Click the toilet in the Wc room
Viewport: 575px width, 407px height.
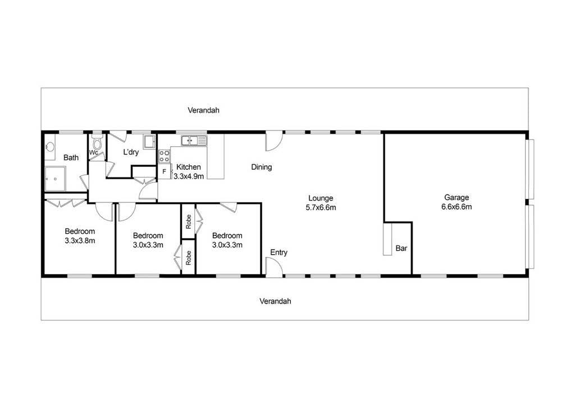97,142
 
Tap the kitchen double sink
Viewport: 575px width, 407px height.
194,140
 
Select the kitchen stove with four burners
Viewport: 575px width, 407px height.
165,156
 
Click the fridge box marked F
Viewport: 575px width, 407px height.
165,171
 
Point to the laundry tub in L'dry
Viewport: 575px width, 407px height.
149,142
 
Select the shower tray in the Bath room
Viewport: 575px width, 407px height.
56,179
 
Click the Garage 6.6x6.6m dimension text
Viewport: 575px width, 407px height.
457,207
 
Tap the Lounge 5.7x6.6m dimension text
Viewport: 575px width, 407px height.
321,208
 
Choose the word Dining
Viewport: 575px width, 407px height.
262,167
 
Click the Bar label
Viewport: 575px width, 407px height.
401,248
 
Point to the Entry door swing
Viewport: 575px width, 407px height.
274,267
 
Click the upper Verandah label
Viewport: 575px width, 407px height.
203,110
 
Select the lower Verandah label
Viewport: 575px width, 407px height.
275,301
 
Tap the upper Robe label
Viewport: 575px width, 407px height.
189,221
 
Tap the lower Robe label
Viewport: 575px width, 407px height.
189,257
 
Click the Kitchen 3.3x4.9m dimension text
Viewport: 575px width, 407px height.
189,177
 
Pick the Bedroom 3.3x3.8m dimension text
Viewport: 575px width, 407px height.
80,241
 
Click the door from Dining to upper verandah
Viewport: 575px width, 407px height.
274,141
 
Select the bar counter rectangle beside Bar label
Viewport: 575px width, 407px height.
387,239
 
